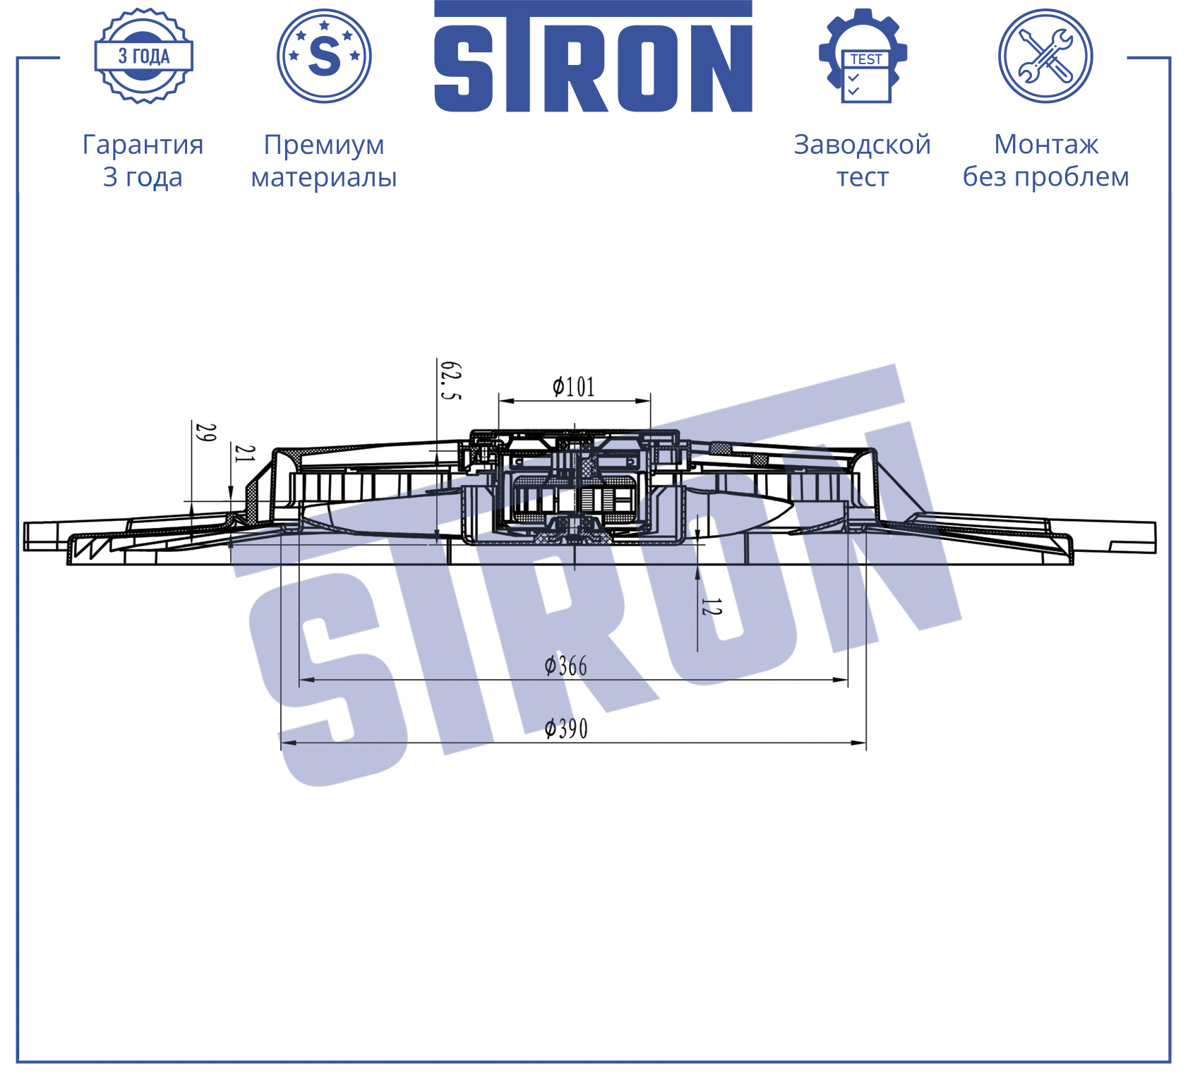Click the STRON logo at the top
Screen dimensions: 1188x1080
(593, 56)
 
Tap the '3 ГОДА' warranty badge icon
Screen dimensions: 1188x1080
(144, 56)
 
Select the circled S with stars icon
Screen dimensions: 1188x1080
(324, 56)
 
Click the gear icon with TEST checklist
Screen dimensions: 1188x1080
(863, 56)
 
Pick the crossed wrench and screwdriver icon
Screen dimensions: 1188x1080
(1045, 56)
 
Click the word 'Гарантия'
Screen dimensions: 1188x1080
(143, 145)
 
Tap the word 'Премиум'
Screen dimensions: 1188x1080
(324, 145)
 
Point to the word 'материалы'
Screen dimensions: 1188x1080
(324, 177)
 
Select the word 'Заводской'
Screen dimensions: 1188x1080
(863, 145)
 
